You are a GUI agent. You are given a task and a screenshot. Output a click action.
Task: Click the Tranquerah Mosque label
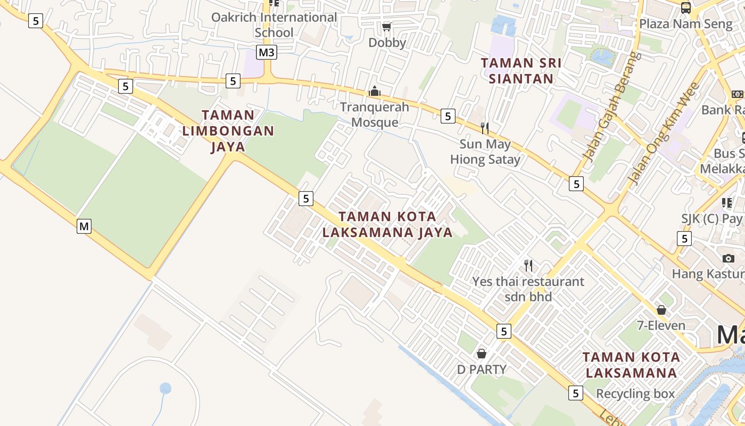click(x=375, y=114)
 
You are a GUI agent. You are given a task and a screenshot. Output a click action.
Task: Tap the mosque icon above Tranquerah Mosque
click(x=375, y=92)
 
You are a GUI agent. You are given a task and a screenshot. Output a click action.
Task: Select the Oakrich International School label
click(x=274, y=24)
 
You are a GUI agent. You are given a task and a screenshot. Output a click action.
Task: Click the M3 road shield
click(x=267, y=52)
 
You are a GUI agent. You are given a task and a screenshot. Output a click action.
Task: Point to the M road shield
click(x=84, y=226)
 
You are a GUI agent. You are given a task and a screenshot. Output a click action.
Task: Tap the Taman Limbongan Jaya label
click(x=228, y=130)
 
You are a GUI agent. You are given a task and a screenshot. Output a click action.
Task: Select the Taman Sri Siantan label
click(x=521, y=71)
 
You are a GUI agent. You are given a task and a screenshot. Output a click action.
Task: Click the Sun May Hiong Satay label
click(x=485, y=152)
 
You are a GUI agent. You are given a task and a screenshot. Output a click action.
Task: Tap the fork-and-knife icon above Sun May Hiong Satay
click(x=485, y=128)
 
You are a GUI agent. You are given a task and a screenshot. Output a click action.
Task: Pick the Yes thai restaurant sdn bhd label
click(x=528, y=289)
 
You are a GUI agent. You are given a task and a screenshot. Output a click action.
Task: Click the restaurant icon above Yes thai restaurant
click(x=528, y=265)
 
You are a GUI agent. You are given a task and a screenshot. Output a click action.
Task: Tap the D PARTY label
click(x=482, y=369)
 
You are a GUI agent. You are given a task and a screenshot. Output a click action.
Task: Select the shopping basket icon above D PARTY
click(x=482, y=354)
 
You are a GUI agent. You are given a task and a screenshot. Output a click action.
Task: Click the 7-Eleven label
click(x=661, y=325)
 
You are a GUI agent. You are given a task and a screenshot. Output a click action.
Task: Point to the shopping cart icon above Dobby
click(x=387, y=27)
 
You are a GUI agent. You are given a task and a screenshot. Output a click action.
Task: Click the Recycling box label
click(x=635, y=394)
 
